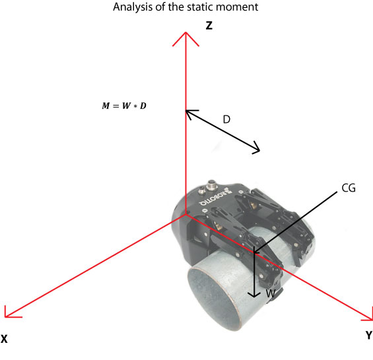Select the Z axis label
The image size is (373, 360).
click(x=209, y=26)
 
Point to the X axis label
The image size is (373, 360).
click(x=4, y=339)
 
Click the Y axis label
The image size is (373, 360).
click(x=369, y=336)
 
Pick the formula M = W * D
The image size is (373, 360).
click(x=124, y=106)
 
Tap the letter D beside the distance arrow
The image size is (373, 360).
click(x=226, y=120)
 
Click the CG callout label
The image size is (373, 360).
click(x=349, y=188)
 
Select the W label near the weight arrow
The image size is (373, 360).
click(x=271, y=293)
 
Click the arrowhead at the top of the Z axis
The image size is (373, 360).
click(x=186, y=36)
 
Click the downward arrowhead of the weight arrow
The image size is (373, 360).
click(x=254, y=295)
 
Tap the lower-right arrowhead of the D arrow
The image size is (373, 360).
click(x=256, y=148)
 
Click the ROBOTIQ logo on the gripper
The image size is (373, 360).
click(x=213, y=198)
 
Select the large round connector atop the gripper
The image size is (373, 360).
click(x=211, y=185)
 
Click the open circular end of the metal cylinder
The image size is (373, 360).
click(x=213, y=298)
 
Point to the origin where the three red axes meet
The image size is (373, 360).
click(x=186, y=215)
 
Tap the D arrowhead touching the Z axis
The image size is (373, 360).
click(x=190, y=114)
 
